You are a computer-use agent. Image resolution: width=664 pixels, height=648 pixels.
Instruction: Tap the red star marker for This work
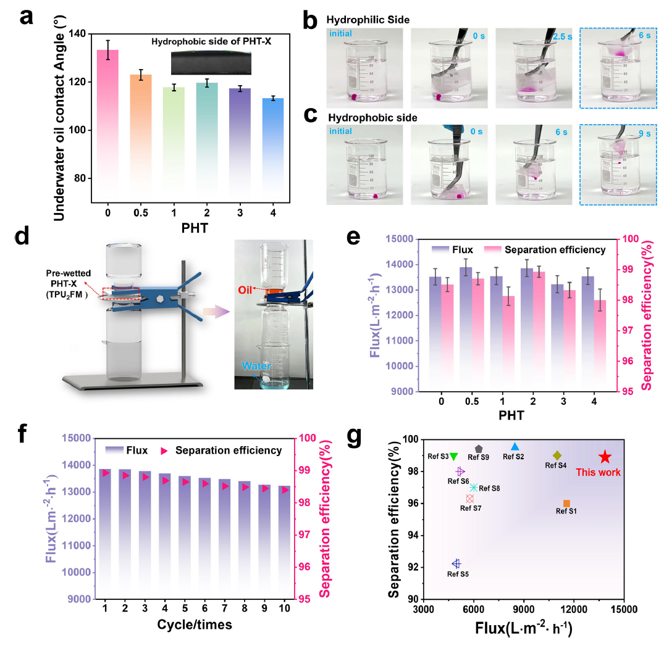605,457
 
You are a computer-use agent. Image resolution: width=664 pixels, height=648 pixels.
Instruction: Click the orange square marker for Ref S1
566,504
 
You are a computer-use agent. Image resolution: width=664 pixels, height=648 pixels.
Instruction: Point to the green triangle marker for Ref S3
454,457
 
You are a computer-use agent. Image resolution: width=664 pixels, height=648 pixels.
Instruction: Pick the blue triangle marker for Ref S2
515,447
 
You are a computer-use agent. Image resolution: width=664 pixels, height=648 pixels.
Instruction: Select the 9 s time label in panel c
644,133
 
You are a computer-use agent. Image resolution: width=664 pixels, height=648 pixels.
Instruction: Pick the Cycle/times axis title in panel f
194,625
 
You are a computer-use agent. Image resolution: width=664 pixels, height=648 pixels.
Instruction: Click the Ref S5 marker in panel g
456,563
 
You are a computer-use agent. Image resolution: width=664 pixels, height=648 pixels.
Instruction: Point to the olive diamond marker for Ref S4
557,455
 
